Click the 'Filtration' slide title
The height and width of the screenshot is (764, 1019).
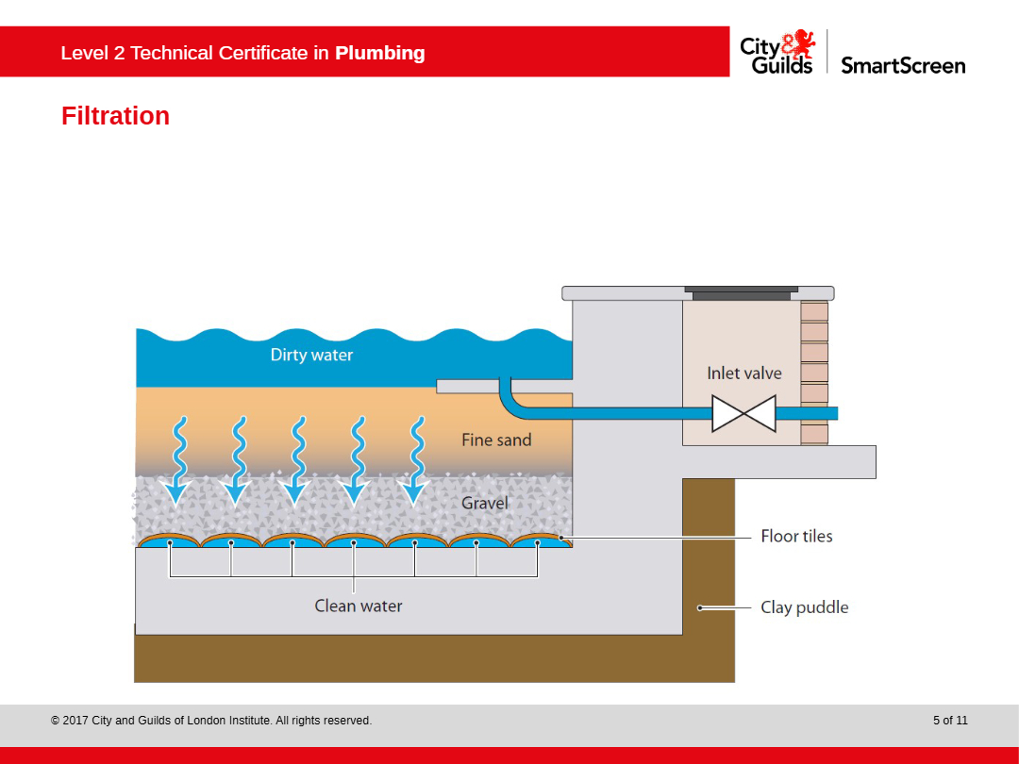[115, 116]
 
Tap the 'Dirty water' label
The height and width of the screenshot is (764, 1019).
[311, 355]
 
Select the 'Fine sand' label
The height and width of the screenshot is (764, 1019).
[496, 440]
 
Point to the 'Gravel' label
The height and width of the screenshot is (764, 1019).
[485, 503]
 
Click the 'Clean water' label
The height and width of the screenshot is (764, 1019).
[359, 606]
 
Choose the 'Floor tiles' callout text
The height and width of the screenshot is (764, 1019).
[796, 536]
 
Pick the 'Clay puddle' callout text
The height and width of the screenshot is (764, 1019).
[804, 607]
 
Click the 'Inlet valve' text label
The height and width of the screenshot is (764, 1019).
[744, 373]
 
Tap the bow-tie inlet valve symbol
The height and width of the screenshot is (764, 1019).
[743, 413]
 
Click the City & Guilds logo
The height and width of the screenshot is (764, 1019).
[777, 52]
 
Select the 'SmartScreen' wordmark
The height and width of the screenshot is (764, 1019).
[903, 65]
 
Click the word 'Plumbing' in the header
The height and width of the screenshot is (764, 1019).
[379, 53]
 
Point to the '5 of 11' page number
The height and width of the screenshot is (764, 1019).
[950, 721]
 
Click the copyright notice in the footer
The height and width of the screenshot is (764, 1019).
[211, 721]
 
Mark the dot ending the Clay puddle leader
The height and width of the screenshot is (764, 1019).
[700, 607]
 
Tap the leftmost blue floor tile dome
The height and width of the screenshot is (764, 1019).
[170, 542]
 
